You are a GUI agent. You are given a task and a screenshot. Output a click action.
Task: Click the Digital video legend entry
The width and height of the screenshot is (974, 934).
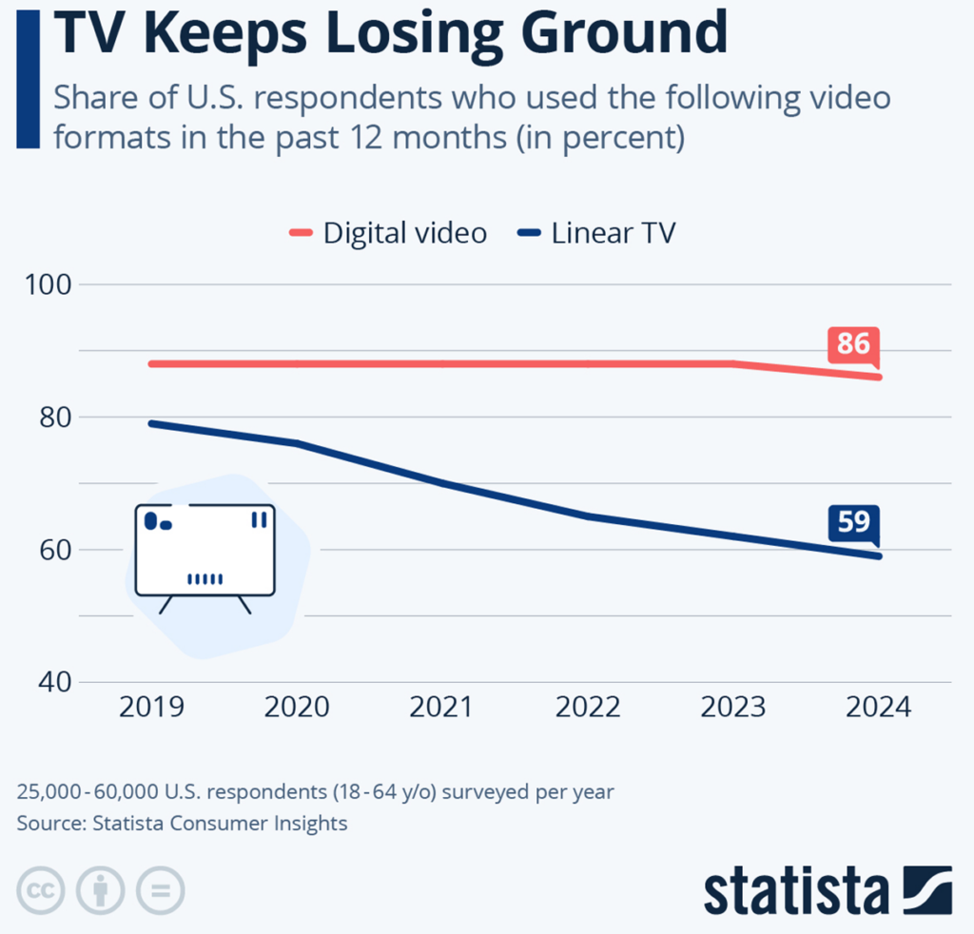388,233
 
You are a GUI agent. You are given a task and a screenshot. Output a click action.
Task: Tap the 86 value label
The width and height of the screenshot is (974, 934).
852,343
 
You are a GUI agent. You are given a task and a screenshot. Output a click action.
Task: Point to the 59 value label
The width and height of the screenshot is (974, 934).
852,523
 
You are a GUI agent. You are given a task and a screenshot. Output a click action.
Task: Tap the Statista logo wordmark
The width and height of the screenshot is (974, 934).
797,890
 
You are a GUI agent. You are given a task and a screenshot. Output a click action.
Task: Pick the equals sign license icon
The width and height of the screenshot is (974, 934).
160,890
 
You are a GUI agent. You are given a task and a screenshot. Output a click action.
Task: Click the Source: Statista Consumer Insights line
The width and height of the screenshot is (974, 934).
182,824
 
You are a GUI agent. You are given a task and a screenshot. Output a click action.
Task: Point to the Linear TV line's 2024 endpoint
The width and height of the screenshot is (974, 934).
879,556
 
